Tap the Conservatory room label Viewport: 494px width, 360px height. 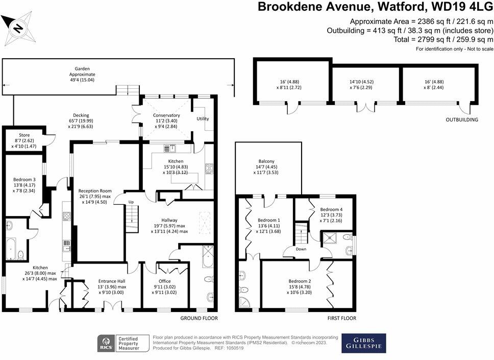(x=166, y=115)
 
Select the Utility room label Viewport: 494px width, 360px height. (x=203, y=118)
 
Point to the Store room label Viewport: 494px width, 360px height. (x=24, y=135)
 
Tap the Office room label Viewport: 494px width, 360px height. (x=164, y=281)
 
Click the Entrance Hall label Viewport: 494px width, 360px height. (x=111, y=281)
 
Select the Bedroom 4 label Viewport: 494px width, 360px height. (x=331, y=210)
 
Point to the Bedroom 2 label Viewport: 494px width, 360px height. (x=299, y=281)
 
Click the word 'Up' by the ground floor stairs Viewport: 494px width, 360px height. (x=131, y=202)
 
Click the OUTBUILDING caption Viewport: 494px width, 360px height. (x=461, y=120)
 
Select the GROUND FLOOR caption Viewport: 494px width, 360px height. (x=199, y=319)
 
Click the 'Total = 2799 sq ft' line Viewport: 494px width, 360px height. (x=443, y=39)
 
